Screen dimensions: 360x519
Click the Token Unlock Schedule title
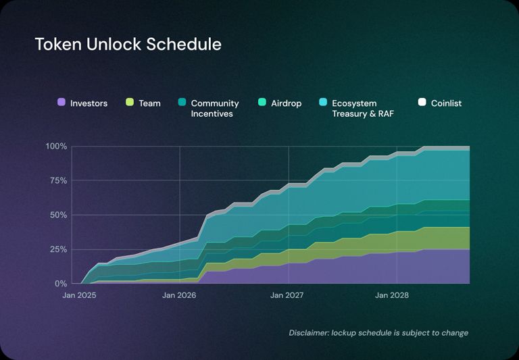(128, 45)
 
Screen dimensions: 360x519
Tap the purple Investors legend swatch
(61, 103)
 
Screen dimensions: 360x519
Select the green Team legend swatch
(130, 103)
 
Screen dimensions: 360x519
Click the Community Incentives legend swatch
(182, 103)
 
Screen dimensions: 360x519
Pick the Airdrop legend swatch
(262, 103)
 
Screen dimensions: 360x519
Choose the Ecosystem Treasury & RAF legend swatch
(323, 103)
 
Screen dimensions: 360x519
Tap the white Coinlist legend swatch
(422, 103)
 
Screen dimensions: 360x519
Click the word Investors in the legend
(89, 103)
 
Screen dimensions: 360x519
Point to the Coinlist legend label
(446, 103)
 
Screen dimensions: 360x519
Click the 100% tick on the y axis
(56, 147)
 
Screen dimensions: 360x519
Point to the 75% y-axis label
(57, 181)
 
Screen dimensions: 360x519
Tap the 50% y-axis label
(57, 215)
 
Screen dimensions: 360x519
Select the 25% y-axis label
(57, 249)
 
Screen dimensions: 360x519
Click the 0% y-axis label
(60, 284)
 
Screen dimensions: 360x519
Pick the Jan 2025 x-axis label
(79, 296)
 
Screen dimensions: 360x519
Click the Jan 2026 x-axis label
(180, 296)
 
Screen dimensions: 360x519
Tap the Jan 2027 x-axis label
(288, 296)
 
